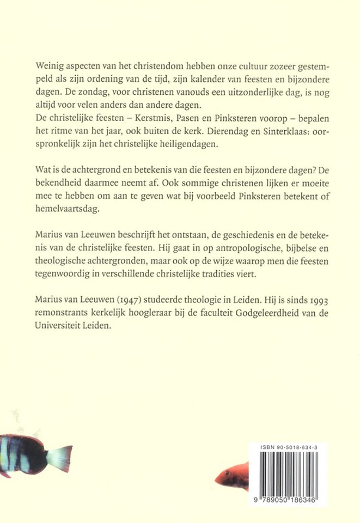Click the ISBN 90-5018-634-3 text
coord(290,446)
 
